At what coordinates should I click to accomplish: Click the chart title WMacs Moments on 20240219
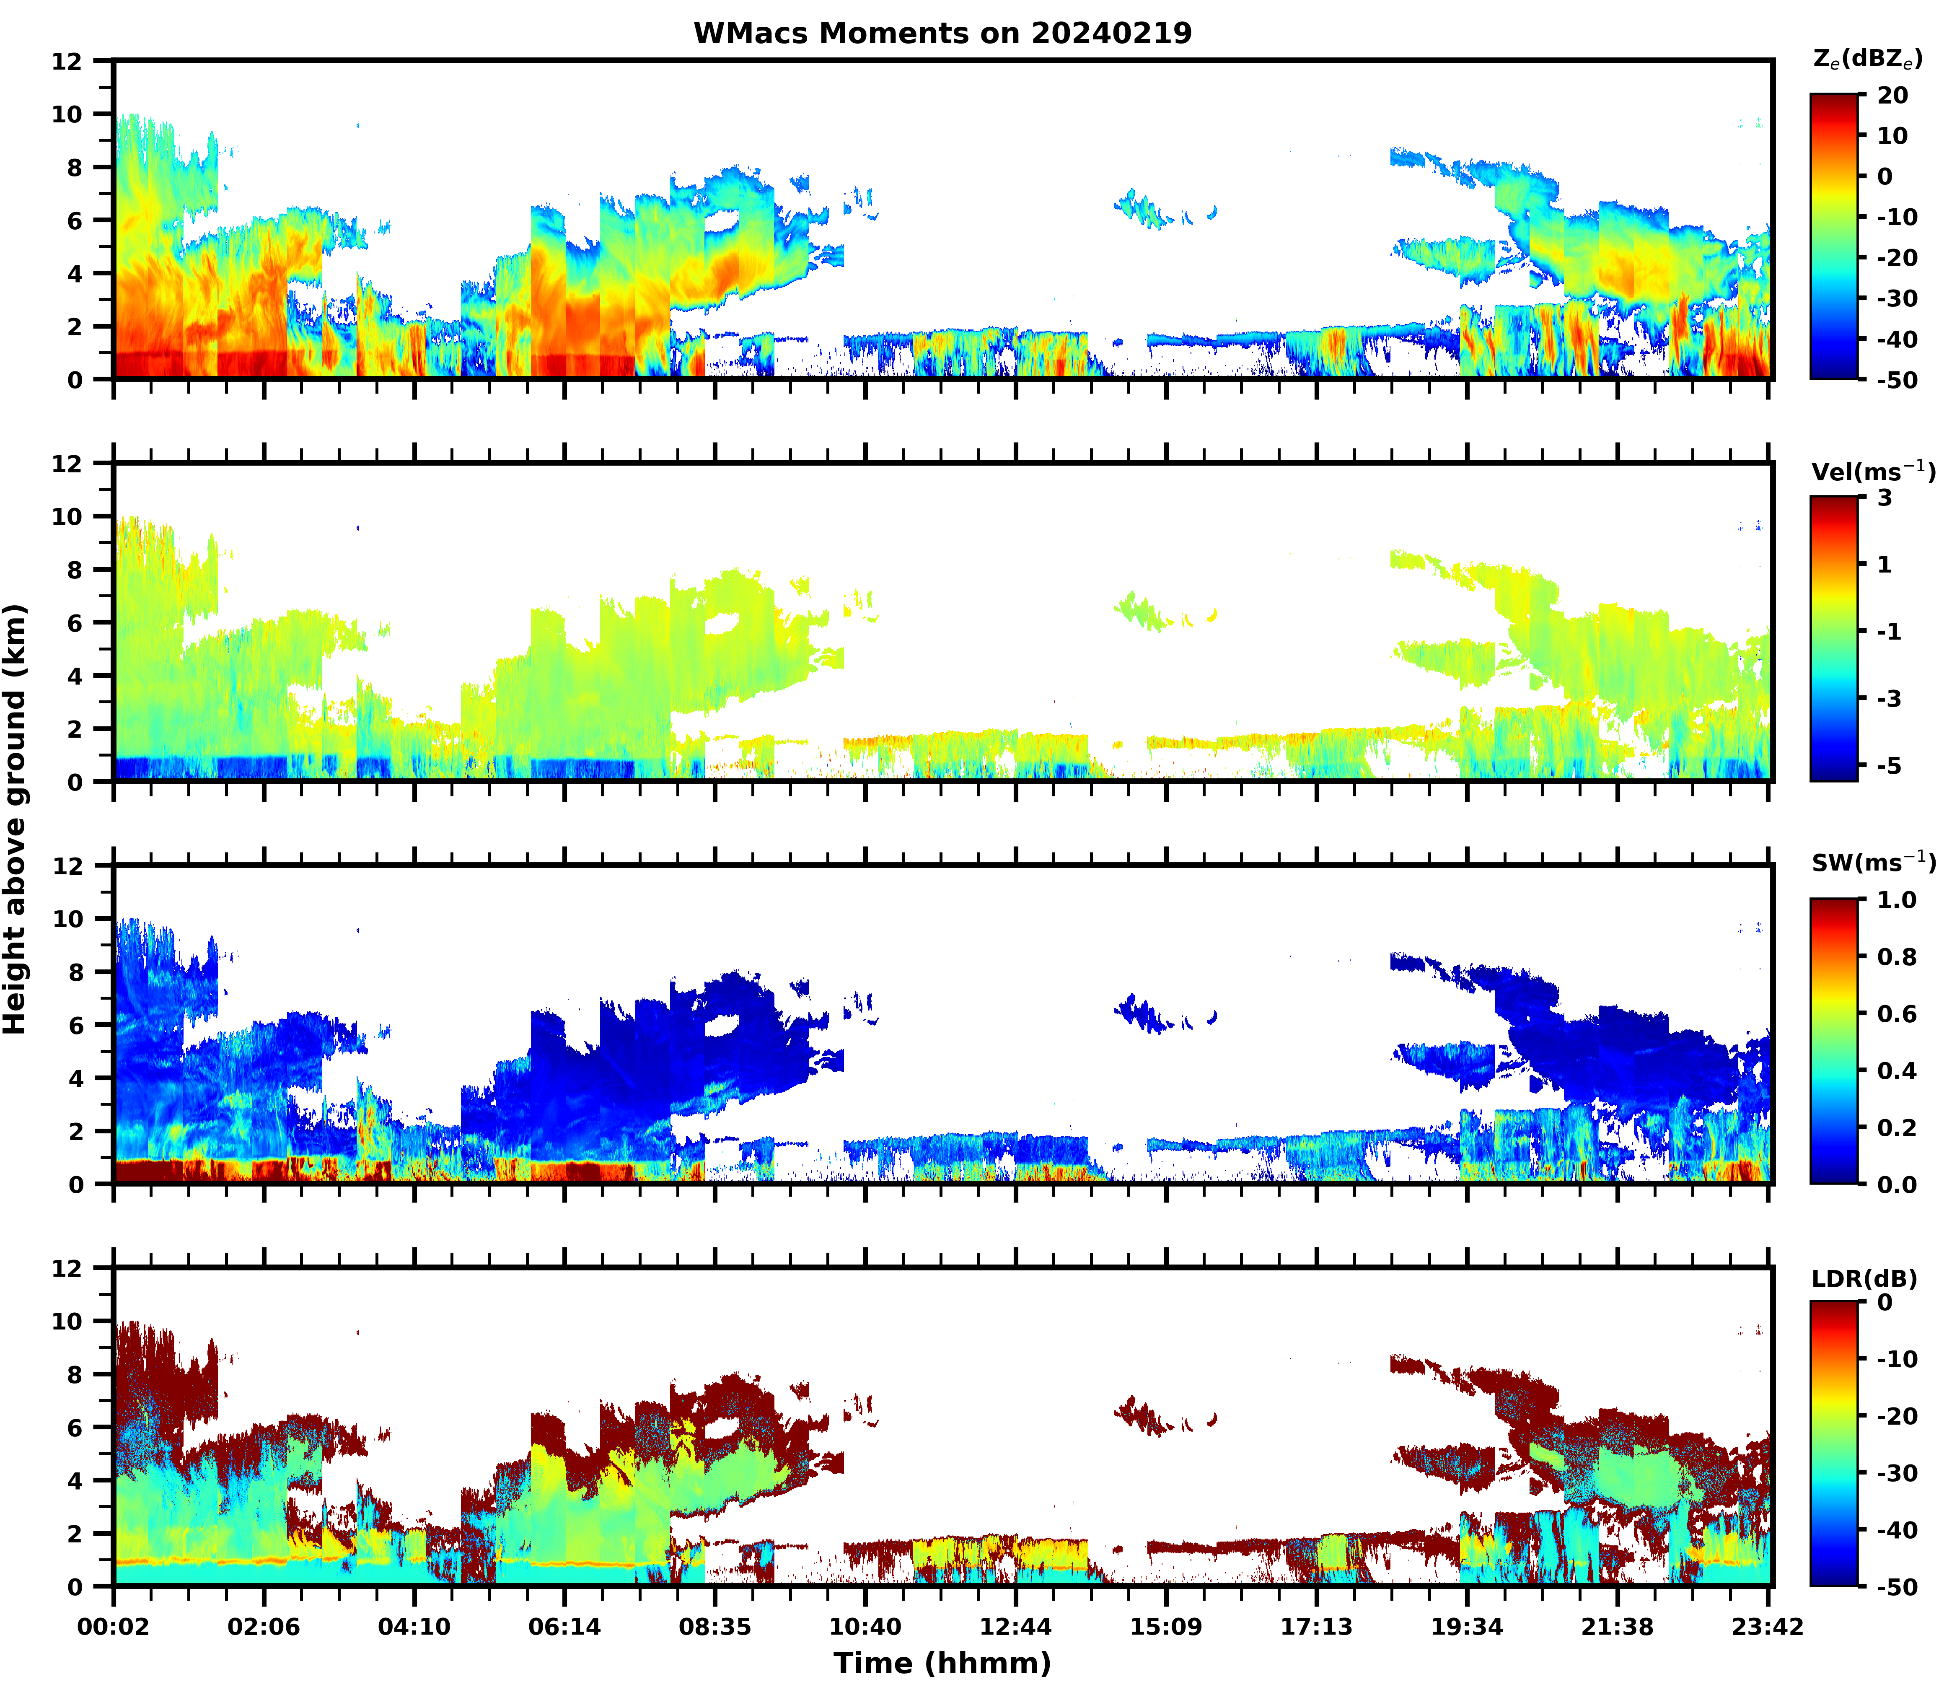(x=942, y=33)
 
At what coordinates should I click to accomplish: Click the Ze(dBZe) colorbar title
(x=1867, y=59)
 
